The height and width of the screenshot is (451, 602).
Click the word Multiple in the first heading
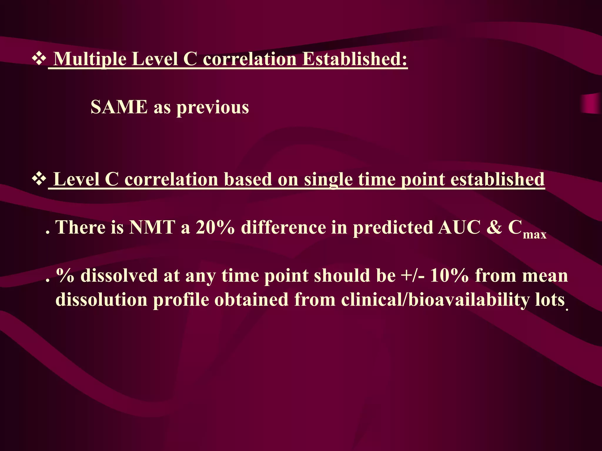pos(90,59)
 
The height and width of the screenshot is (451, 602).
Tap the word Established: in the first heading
pos(355,59)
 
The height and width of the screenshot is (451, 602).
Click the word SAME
pos(119,107)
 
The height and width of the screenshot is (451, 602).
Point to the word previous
pos(213,107)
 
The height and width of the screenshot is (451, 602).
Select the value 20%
pos(215,227)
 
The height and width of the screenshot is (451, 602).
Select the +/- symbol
pos(412,275)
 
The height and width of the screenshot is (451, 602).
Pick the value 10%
pos(449,275)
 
